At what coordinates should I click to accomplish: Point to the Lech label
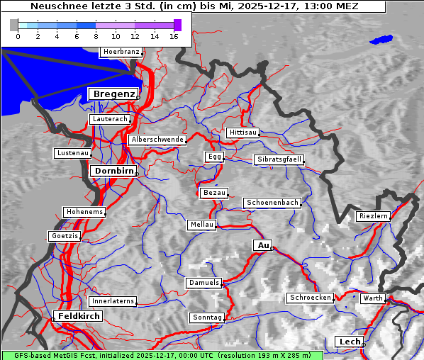[350, 342]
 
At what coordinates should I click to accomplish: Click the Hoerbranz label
[121, 52]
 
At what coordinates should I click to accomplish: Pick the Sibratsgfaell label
[279, 159]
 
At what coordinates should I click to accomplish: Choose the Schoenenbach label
[272, 203]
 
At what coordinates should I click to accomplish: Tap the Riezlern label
[373, 215]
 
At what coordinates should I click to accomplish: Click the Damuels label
[205, 283]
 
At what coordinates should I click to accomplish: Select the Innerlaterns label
[113, 301]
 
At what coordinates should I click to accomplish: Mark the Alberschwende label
[157, 140]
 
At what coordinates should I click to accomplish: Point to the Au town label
[263, 245]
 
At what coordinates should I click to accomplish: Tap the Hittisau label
[243, 133]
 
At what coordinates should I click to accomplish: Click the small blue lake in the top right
[381, 40]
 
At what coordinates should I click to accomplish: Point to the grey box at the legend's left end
[14, 25]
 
